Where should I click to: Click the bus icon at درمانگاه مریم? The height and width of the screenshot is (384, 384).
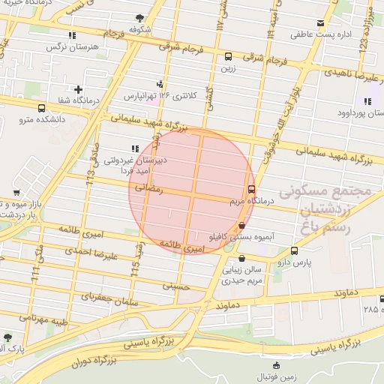tap(250, 190)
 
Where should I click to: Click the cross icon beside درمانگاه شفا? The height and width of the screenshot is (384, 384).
tap(77, 90)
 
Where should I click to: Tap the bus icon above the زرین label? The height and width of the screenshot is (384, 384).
tap(228, 56)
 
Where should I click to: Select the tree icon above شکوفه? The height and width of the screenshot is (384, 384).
tap(141, 18)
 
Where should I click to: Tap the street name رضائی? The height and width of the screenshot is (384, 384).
tap(147, 189)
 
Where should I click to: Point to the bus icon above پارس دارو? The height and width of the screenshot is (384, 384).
tap(293, 251)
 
